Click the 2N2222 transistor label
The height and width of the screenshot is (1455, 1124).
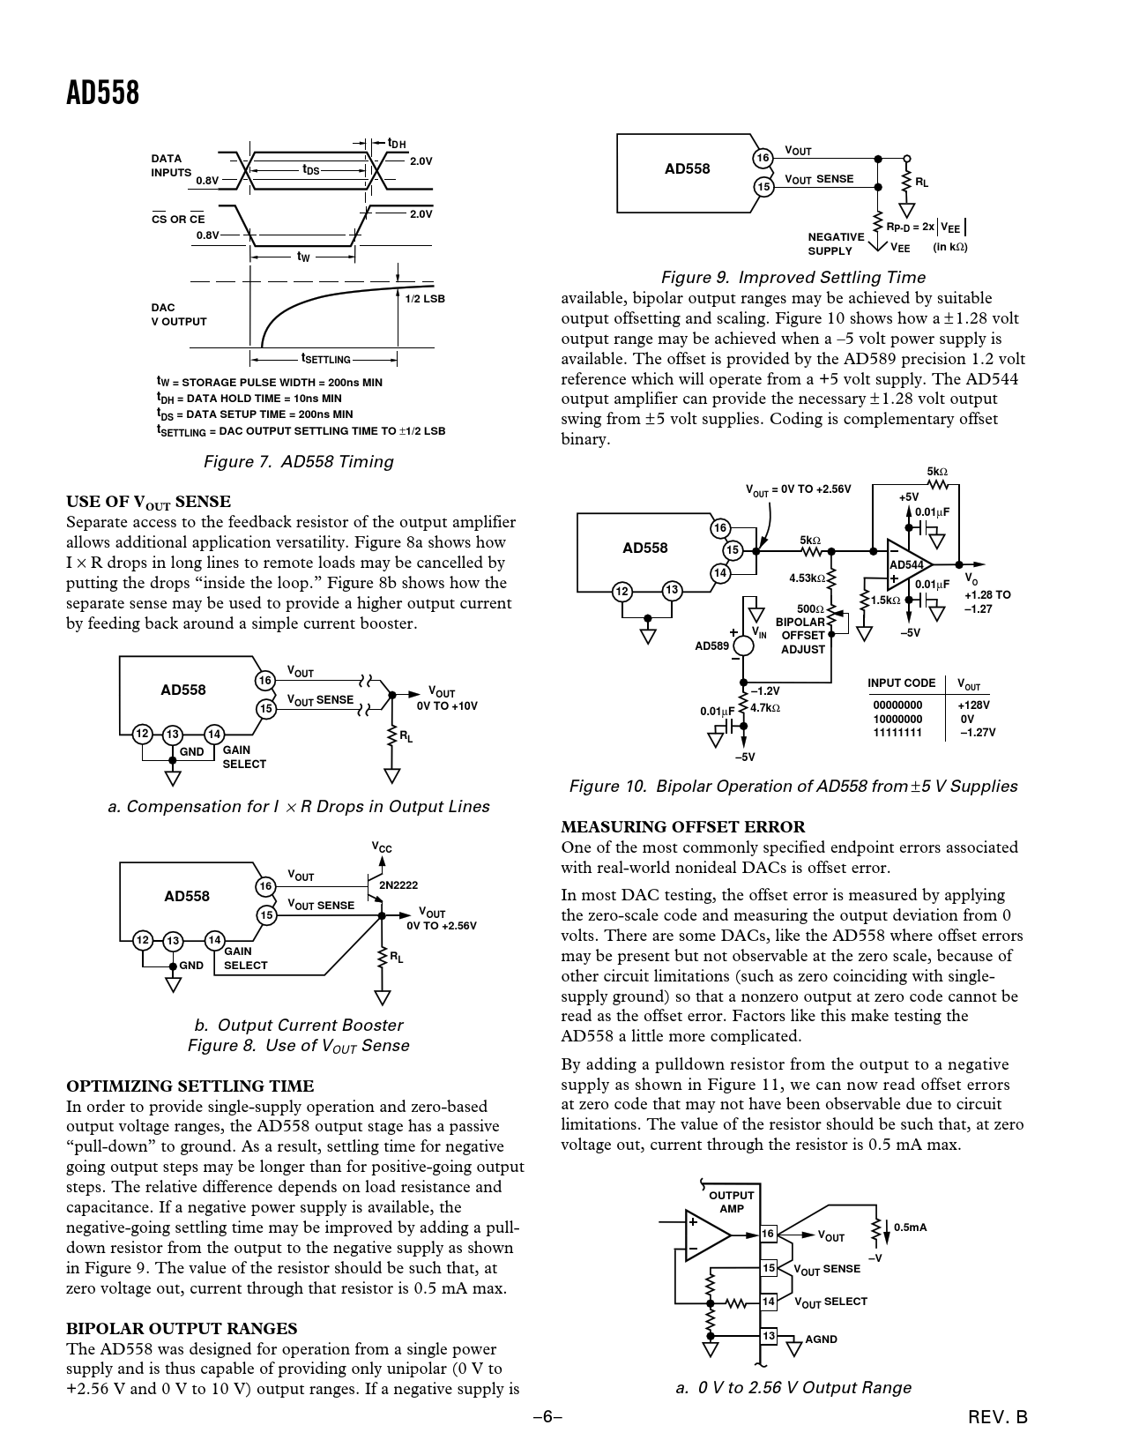click(398, 884)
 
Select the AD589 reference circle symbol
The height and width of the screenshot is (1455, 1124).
click(743, 645)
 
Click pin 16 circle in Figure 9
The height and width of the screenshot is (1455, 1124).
click(763, 158)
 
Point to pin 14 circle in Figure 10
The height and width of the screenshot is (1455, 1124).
click(719, 573)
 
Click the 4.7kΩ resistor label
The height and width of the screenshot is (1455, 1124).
click(765, 707)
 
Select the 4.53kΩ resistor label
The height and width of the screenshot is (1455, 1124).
click(807, 578)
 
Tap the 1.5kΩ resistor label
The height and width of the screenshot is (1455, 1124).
click(885, 601)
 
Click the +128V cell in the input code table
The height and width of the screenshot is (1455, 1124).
click(973, 705)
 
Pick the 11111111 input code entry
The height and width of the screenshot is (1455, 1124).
click(897, 732)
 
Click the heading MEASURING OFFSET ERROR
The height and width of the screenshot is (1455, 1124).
click(683, 827)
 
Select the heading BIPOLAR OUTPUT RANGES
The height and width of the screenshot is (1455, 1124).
click(182, 1329)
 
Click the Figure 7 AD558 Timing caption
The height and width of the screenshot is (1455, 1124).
click(298, 462)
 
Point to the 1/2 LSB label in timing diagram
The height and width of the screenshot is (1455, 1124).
click(425, 299)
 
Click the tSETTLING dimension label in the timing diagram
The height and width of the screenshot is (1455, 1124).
click(325, 359)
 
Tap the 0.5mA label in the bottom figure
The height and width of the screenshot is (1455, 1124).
click(910, 1227)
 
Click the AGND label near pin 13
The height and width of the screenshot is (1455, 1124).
click(821, 1339)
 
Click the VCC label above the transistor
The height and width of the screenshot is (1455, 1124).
click(382, 848)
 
